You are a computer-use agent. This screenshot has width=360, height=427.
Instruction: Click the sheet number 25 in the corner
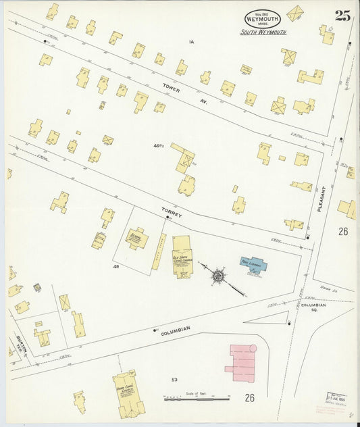click(342, 16)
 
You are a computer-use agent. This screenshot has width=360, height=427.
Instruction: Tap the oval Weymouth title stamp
click(262, 19)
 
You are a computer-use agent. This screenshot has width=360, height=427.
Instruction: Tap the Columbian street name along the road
click(176, 329)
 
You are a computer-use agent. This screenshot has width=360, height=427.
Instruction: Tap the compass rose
click(218, 276)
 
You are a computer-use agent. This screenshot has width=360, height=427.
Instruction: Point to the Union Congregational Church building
click(128, 393)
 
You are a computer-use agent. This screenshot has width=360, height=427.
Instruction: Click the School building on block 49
click(137, 238)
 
